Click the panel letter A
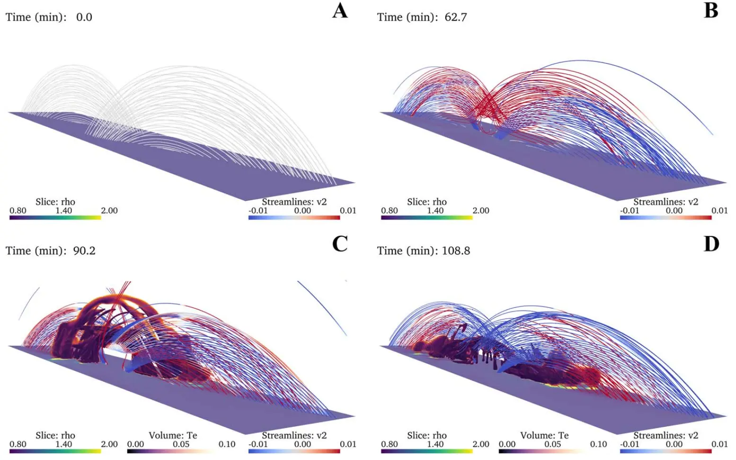[340, 11]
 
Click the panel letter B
[711, 11]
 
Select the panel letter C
[340, 244]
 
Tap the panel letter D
[711, 244]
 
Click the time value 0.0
[84, 18]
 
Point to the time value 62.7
[456, 18]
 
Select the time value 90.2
[84, 251]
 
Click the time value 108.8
[456, 251]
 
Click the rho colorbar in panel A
[55, 217]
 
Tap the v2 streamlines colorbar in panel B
[665, 217]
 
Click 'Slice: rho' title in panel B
[426, 202]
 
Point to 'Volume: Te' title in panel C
[173, 435]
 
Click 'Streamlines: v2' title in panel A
[294, 202]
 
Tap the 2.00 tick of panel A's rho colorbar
[109, 210]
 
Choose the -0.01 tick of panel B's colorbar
[630, 210]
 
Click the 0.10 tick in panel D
[598, 444]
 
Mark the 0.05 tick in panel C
[181, 444]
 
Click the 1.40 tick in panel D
[435, 444]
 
